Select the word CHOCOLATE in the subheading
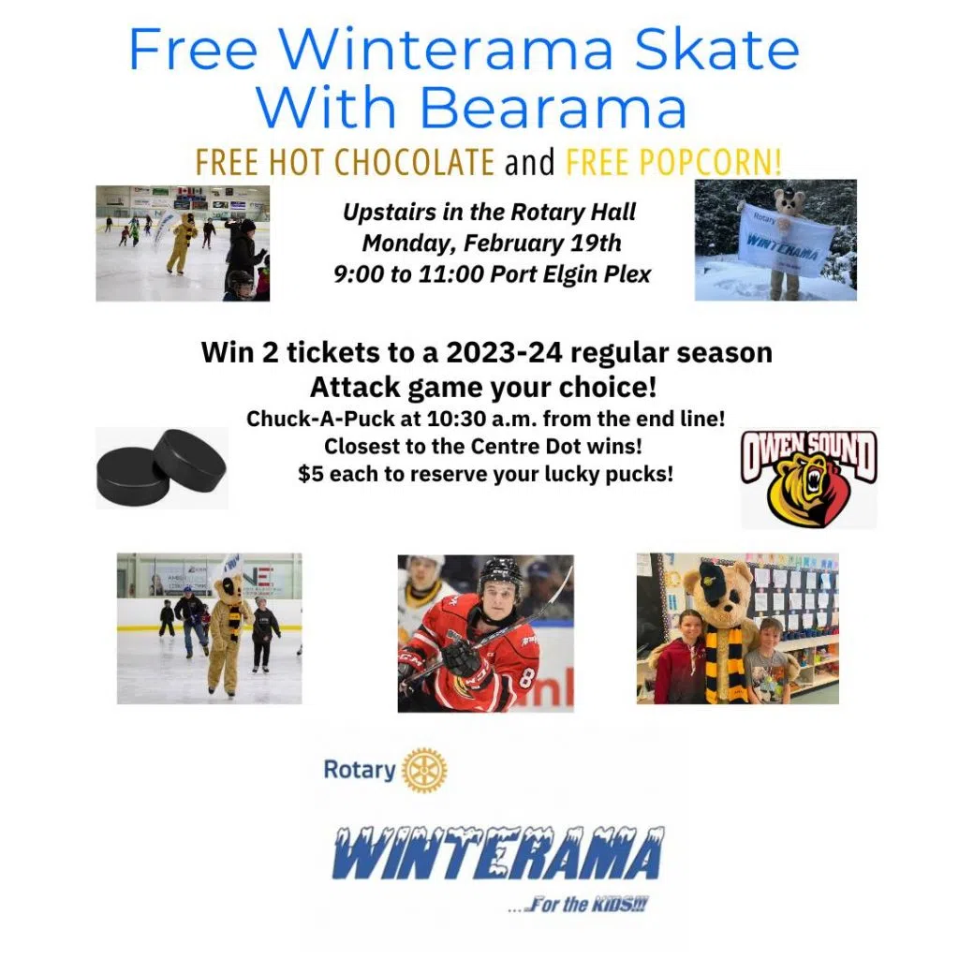[x=414, y=162]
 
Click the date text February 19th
[x=542, y=243]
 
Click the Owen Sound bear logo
[x=808, y=479]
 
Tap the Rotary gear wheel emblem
[x=424, y=770]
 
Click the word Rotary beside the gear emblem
[x=360, y=770]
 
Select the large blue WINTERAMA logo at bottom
[x=498, y=852]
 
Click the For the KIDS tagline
[x=579, y=905]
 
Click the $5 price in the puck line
[x=310, y=474]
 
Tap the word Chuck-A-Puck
[x=320, y=419]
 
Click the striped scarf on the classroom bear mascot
[x=722, y=664]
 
